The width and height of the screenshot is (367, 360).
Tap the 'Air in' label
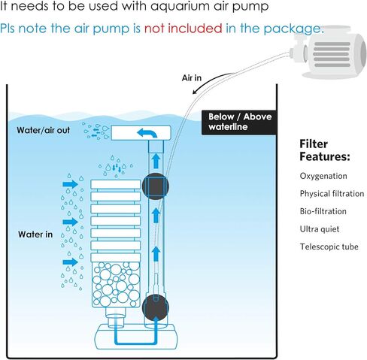192,78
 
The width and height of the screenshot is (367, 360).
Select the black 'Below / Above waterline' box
239,123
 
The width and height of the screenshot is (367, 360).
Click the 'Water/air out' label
44,130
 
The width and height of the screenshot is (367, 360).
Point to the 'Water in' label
35,234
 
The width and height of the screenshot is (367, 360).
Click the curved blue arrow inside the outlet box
147,133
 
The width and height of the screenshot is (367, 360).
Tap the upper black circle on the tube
156,186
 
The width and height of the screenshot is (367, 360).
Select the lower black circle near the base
156,308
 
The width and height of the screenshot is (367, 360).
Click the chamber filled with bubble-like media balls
116,285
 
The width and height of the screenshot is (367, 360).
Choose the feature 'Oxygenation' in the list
323,176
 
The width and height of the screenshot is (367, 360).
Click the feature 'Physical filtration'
332,194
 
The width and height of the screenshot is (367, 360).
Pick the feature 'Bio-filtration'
323,211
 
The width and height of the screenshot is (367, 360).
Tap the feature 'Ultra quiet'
320,229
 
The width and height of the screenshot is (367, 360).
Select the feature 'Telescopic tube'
329,247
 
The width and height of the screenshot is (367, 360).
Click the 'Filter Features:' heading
325,150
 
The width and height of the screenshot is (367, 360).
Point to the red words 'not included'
183,29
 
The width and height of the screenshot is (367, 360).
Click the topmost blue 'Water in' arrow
71,184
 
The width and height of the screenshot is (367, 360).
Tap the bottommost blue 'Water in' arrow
71,262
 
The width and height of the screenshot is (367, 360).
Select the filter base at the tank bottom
136,337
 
